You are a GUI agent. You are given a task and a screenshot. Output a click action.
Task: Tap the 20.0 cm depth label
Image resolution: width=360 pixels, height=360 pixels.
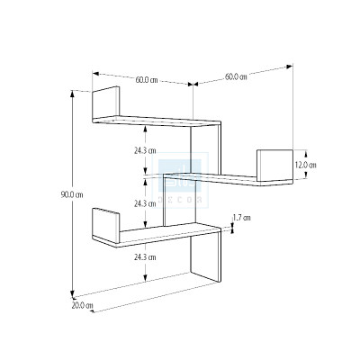pyautogui.click(x=83, y=306)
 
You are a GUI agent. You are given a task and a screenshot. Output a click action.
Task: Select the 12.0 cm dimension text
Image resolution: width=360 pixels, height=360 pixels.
pyautogui.click(x=304, y=165)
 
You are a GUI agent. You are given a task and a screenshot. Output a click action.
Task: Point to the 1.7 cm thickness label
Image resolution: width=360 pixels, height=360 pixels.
pyautogui.click(x=242, y=218)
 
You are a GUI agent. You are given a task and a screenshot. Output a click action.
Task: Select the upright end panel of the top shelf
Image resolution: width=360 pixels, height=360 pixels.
pyautogui.click(x=106, y=103)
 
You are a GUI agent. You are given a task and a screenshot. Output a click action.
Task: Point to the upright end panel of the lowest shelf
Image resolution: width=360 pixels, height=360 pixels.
pyautogui.click(x=105, y=222)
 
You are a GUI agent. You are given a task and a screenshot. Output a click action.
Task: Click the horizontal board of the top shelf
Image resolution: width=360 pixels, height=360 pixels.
pyautogui.click(x=157, y=120)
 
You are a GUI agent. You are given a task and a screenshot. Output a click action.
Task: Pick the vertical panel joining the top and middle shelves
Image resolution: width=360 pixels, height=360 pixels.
pyautogui.click(x=207, y=148)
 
